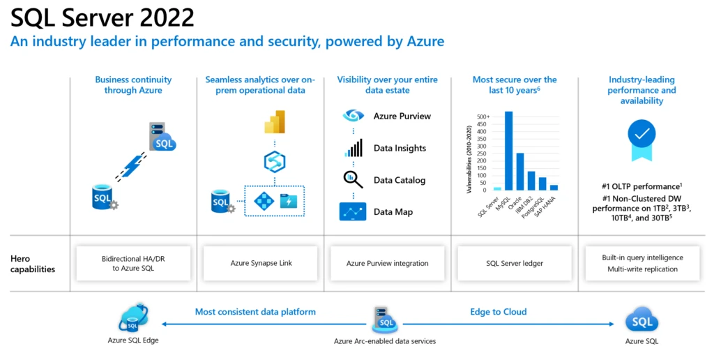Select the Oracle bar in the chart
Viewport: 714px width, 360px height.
(x=519, y=172)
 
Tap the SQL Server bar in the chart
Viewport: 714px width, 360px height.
(x=497, y=188)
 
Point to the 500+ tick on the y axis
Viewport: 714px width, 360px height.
(x=483, y=117)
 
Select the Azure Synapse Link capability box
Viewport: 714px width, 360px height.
(x=261, y=263)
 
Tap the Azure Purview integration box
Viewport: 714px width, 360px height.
(x=387, y=263)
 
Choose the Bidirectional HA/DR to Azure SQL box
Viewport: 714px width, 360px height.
(x=133, y=263)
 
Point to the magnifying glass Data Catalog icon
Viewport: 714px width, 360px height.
(x=353, y=180)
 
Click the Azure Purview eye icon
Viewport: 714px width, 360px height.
(x=353, y=116)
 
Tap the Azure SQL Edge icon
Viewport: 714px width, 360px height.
(x=133, y=317)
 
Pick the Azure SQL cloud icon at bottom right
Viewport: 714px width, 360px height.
(x=641, y=321)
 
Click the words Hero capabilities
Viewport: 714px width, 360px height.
(x=33, y=263)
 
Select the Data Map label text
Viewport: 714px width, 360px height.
(x=393, y=212)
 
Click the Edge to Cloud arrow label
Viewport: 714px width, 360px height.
(x=498, y=312)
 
